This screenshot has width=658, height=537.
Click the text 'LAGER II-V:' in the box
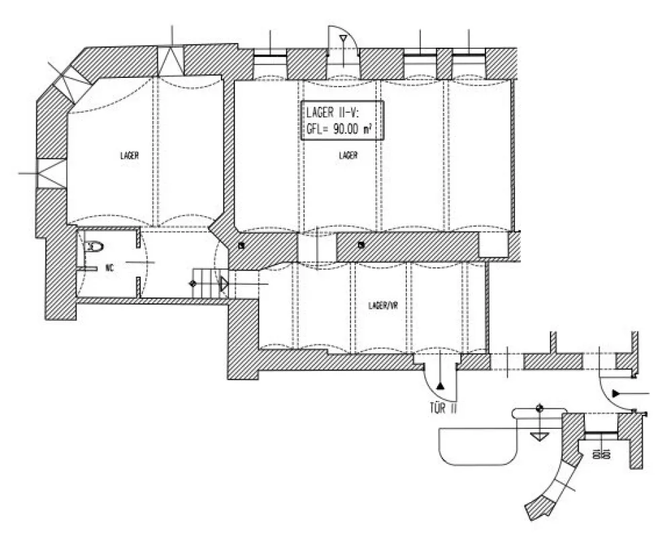pos(333,113)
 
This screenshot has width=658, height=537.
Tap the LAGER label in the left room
pos(130,156)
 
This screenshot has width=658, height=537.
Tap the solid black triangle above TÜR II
pos(440,386)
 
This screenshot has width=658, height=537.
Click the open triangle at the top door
pos(342,39)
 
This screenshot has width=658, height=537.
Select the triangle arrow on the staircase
pos(224,285)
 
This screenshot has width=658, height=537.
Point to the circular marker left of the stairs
pos(194,285)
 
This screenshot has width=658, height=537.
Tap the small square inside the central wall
pos(361,244)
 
